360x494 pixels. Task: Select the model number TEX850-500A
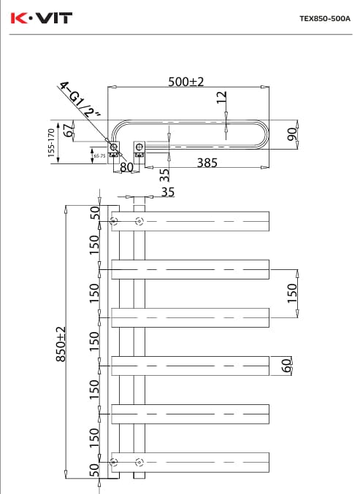pos(325,20)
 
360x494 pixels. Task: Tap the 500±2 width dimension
pos(186,82)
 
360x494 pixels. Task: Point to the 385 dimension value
pos(207,163)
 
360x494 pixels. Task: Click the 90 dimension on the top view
pos(291,134)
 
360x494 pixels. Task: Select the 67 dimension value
pos(69,131)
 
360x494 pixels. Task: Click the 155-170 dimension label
pos(52,143)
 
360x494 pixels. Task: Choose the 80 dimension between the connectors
pos(126,167)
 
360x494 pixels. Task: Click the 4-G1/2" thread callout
pos(80,101)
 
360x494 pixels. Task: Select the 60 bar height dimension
pos(286,364)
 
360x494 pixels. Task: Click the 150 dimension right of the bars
pos(291,292)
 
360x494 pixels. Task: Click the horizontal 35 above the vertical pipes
pos(167,193)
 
